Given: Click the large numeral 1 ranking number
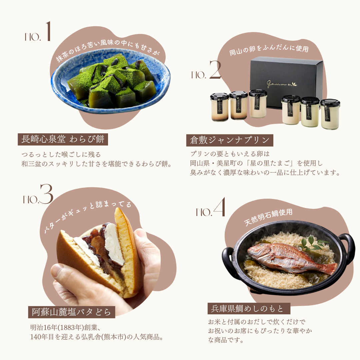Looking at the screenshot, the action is click(48, 31).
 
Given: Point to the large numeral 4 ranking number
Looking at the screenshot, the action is click(219, 207).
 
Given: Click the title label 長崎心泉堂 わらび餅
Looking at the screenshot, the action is click(63, 139).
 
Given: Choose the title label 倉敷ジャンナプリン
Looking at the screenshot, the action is click(230, 140).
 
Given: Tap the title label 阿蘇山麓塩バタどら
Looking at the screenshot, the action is click(71, 312).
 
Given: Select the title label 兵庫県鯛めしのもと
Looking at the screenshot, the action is click(249, 309).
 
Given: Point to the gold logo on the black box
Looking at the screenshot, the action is click(281, 84).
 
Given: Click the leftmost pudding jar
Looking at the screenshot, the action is click(219, 107).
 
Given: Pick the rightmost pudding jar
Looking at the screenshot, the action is click(330, 114).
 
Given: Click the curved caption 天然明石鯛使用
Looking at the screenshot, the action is click(268, 217).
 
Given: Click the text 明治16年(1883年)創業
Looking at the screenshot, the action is click(65, 327).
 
